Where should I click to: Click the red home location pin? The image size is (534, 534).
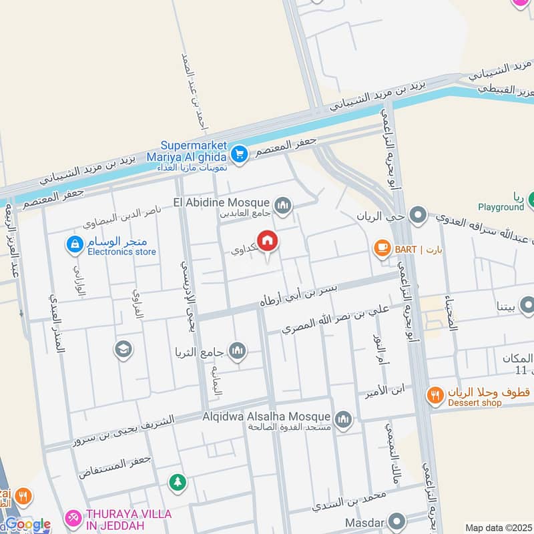point(268,242)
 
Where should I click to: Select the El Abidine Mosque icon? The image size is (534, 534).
point(283,204)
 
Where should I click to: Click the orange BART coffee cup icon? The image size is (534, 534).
point(382,249)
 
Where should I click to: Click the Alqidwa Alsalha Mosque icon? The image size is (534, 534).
point(343,419)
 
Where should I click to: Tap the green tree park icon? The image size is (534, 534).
point(177,481)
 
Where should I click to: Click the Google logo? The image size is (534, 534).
point(27,525)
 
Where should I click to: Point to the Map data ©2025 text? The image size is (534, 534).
point(499,527)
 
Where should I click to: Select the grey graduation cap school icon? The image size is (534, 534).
point(123,348)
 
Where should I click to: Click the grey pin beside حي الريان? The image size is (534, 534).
point(419,215)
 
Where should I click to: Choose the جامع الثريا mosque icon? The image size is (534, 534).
point(237,350)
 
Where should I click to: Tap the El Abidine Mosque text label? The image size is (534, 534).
point(221,202)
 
